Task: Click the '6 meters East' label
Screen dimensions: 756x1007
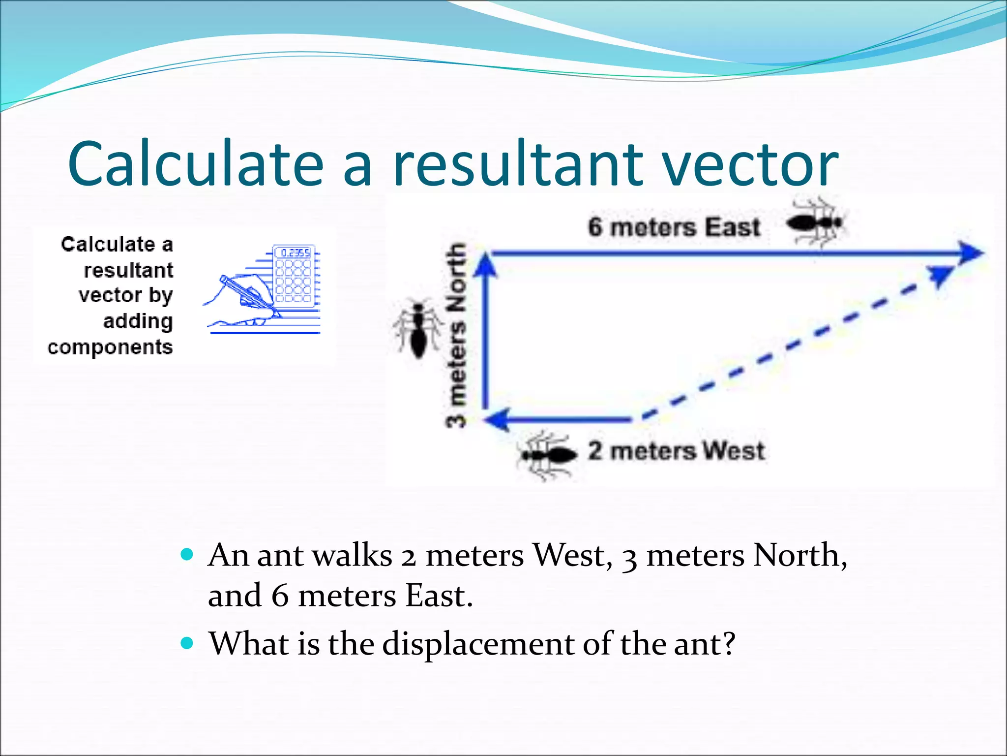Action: click(x=674, y=227)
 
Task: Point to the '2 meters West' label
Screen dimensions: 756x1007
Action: click(x=676, y=451)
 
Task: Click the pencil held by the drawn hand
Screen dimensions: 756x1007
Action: click(x=248, y=295)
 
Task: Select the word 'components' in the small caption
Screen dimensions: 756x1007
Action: click(x=110, y=347)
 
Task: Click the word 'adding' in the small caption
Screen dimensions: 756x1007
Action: click(x=138, y=321)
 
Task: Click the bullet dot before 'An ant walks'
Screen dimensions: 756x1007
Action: click(x=187, y=555)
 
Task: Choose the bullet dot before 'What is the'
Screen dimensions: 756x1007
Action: click(x=187, y=643)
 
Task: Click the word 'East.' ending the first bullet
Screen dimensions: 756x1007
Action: click(x=439, y=596)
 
